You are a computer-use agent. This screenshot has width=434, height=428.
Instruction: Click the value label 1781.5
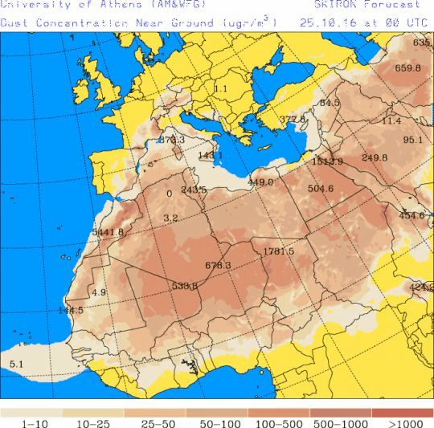click(279, 251)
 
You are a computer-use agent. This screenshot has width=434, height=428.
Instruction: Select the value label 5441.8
click(108, 232)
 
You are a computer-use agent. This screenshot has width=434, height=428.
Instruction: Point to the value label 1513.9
click(327, 161)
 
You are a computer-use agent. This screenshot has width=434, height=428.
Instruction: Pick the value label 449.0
click(260, 181)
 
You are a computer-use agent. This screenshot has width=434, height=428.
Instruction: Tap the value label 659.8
click(407, 67)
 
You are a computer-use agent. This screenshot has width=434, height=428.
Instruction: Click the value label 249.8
click(375, 157)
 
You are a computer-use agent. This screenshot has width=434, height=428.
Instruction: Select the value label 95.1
click(412, 139)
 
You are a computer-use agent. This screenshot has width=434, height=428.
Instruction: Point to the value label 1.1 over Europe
click(221, 88)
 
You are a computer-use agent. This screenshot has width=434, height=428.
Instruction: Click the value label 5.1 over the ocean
click(16, 365)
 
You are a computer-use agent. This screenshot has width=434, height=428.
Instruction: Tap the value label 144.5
click(71, 310)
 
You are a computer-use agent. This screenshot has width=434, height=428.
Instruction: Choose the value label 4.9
click(99, 292)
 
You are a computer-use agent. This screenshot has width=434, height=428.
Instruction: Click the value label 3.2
click(170, 218)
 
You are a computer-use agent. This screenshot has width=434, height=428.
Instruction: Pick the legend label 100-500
click(280, 422)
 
